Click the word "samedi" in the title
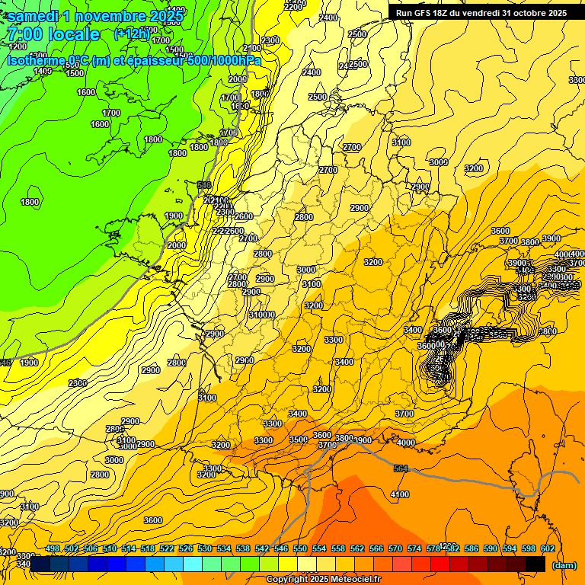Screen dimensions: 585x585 click(34, 15)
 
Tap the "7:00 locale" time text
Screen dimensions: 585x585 click(53, 34)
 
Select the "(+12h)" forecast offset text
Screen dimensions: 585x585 click(132, 34)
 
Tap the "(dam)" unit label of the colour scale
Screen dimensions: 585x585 click(563, 565)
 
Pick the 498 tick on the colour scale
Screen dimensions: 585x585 click(53, 548)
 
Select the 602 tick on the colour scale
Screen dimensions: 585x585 click(547, 548)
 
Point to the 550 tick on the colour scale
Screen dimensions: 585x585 click(300, 548)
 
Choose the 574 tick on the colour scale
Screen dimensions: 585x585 click(414, 548)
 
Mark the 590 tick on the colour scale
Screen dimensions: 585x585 click(491, 548)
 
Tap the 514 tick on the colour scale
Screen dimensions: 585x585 click(129, 548)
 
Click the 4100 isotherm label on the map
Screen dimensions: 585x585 click(399, 494)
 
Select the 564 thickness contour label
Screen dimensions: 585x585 click(401, 468)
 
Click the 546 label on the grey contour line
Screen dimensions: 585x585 click(203, 185)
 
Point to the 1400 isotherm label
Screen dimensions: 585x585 click(43, 71)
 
